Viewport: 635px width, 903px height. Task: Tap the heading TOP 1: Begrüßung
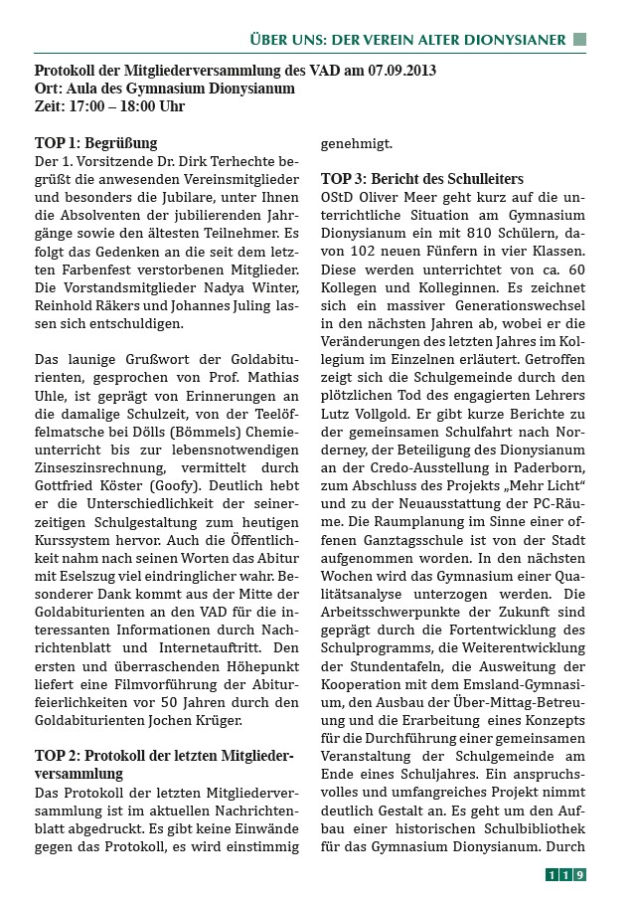pos(95,143)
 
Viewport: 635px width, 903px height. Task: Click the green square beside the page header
pos(580,40)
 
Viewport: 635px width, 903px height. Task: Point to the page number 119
pos(565,875)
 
